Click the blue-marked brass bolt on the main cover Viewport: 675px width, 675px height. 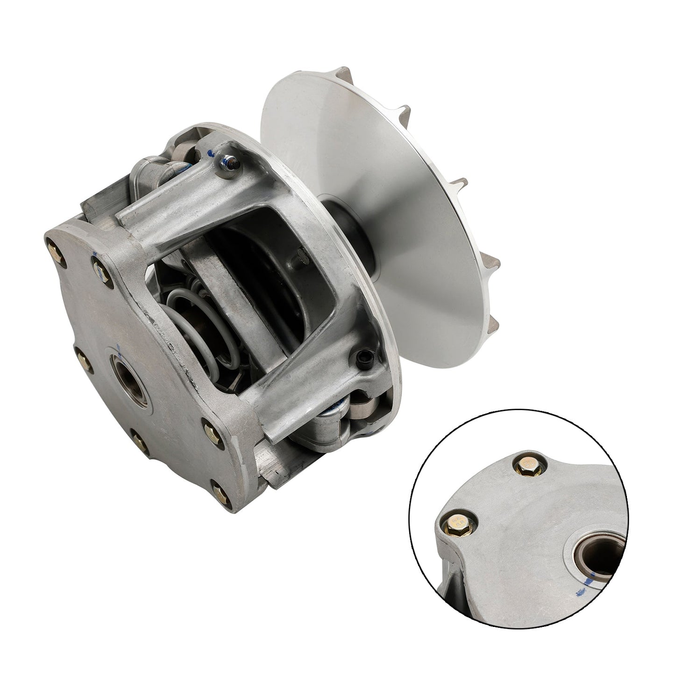99,268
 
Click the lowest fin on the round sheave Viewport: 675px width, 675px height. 496,322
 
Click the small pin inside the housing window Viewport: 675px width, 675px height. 300,255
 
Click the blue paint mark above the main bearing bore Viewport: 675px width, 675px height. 120,348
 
